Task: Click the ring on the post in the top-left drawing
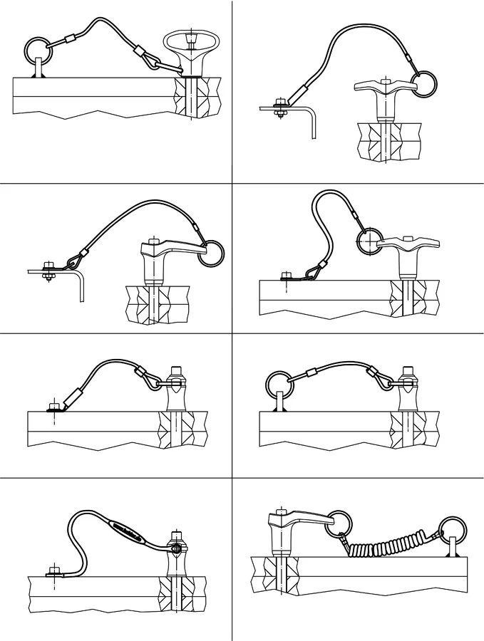(36, 49)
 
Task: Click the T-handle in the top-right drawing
(382, 88)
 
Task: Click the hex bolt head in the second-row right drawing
(286, 273)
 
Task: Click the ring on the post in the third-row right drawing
(277, 382)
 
